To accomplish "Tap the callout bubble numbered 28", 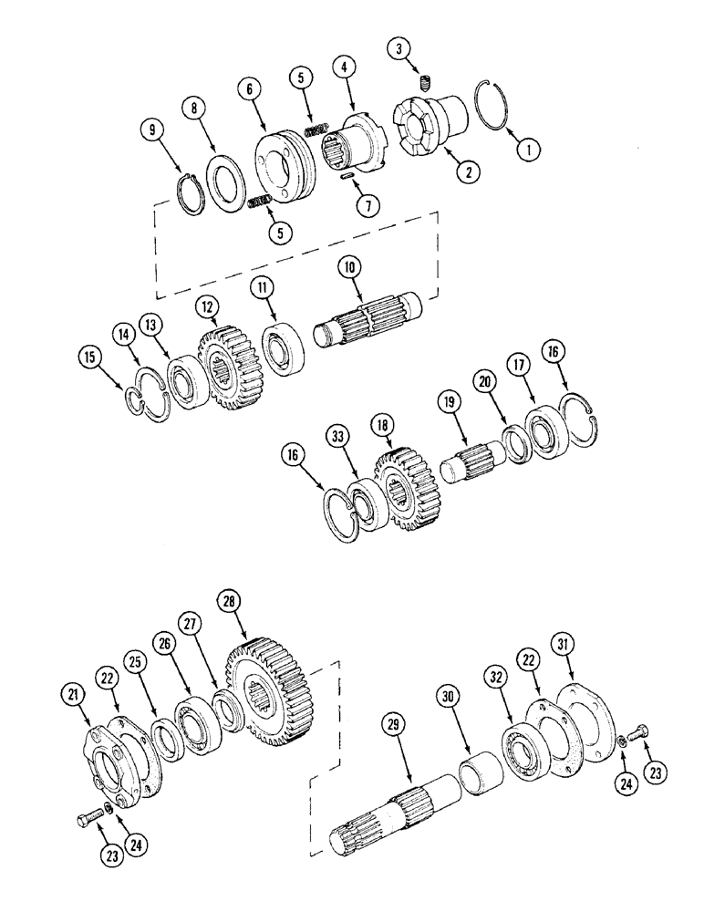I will (x=228, y=602).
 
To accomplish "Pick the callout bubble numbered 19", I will (x=449, y=399).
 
